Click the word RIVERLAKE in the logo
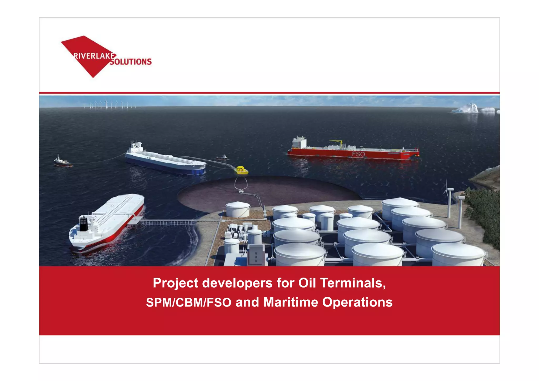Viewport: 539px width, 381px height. click(x=94, y=56)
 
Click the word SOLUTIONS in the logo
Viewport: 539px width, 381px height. click(x=131, y=62)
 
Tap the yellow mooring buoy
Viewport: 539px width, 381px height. click(x=241, y=170)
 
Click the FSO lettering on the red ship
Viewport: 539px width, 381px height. click(x=358, y=154)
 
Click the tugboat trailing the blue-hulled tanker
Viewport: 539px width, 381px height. click(x=62, y=161)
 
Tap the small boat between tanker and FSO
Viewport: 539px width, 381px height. click(x=222, y=157)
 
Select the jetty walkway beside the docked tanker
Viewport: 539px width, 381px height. click(x=168, y=222)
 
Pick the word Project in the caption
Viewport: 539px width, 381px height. click(x=176, y=283)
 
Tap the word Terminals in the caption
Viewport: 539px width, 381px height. click(x=353, y=283)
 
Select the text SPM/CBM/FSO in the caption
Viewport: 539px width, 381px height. click(x=189, y=302)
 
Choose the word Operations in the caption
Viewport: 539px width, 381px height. click(x=357, y=302)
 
